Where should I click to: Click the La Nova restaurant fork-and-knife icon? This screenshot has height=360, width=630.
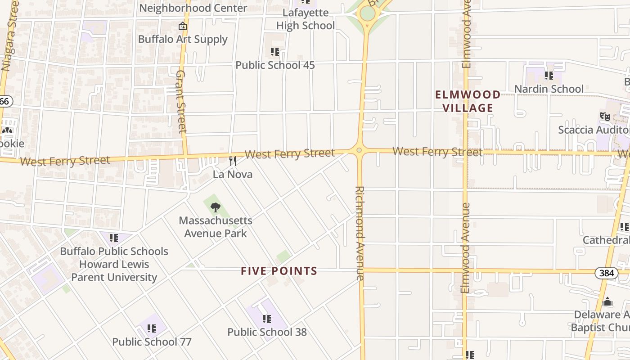tap(233, 161)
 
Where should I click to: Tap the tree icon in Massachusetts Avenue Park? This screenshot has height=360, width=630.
tap(216, 207)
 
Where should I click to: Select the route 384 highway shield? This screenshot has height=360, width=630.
tap(606, 273)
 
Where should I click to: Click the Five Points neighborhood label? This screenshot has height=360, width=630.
tap(279, 271)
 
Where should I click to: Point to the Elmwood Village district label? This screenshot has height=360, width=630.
tap(468, 101)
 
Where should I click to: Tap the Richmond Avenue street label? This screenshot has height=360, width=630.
tap(360, 233)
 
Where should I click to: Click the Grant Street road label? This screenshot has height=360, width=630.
tap(181, 101)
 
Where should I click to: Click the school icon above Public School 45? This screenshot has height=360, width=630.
tap(275, 52)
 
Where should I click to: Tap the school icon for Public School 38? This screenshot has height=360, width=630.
tap(267, 319)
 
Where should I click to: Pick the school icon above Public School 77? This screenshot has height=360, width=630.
tap(152, 328)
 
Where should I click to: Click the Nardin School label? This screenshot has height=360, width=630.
tap(549, 89)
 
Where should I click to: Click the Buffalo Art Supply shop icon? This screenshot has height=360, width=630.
tap(182, 26)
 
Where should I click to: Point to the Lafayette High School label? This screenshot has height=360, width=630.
tap(305, 19)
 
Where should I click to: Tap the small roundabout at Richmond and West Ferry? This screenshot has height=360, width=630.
tap(359, 150)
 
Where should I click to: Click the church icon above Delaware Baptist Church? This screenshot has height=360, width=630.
tap(607, 301)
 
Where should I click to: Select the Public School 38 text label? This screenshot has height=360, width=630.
tap(267, 332)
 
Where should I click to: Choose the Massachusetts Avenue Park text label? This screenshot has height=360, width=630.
tap(216, 227)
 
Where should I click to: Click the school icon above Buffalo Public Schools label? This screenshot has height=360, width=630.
tap(114, 238)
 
